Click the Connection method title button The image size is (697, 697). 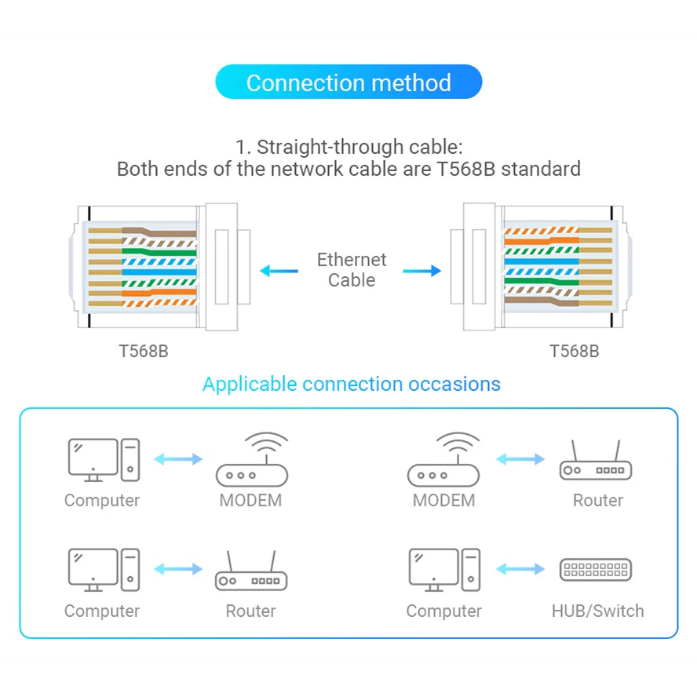(x=348, y=82)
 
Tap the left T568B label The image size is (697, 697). (x=144, y=351)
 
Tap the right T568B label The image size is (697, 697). (x=574, y=351)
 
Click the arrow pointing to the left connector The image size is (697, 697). (x=279, y=272)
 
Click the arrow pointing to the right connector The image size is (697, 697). (x=421, y=272)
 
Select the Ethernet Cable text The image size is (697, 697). (x=352, y=270)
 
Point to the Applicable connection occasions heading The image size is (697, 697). (x=351, y=384)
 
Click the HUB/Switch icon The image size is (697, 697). (x=596, y=570)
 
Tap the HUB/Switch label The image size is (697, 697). (x=597, y=611)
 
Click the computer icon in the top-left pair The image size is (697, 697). (x=103, y=460)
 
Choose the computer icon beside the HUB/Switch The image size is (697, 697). (x=443, y=570)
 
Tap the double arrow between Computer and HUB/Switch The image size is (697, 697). (x=520, y=570)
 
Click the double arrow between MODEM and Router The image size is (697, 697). (x=520, y=459)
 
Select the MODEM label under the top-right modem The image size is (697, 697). (x=443, y=500)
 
